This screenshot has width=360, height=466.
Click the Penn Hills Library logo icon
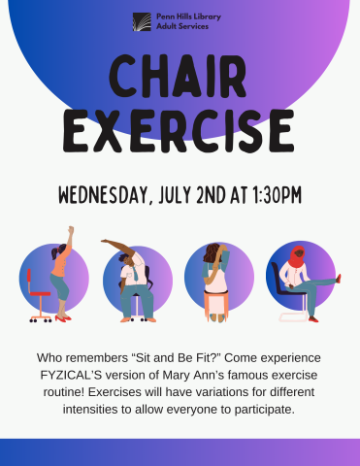click(143, 20)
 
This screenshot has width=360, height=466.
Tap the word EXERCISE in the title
click(180, 128)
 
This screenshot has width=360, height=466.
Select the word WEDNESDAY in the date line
click(105, 195)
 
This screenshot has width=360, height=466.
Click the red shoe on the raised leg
click(338, 278)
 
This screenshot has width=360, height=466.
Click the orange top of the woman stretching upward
click(61, 259)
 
